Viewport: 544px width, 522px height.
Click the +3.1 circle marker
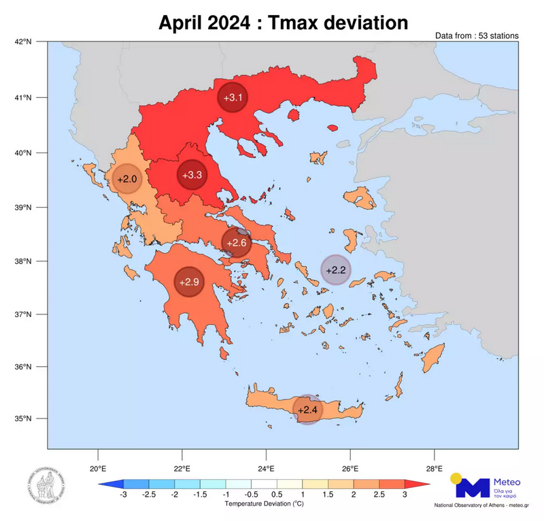(233, 98)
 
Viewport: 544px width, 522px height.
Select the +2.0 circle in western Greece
(127, 179)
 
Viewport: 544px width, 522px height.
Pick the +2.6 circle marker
(237, 242)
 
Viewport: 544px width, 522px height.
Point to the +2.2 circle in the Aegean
(336, 270)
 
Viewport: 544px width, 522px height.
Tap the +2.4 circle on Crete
(307, 409)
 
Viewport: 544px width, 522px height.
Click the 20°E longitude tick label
(98, 468)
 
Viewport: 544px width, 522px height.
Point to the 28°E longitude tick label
(435, 468)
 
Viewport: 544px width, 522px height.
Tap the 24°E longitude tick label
(266, 468)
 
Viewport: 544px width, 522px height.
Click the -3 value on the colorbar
(123, 495)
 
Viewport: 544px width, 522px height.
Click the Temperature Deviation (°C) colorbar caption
(264, 504)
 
